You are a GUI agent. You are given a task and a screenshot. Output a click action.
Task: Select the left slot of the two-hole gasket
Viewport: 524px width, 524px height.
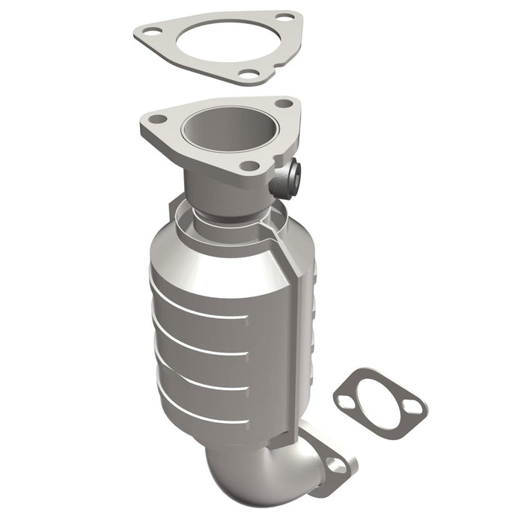(x=345, y=402)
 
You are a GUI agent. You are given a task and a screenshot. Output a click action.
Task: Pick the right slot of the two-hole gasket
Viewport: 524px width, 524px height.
(x=410, y=407)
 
